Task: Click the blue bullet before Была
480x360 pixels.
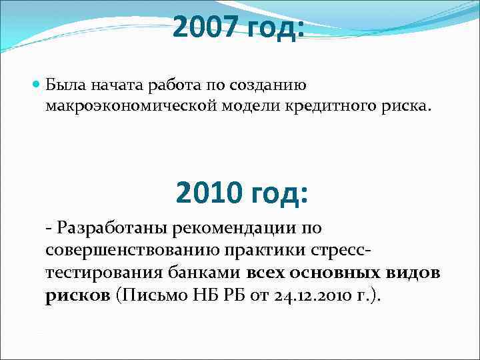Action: click(x=37, y=87)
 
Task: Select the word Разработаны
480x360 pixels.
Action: click(x=113, y=229)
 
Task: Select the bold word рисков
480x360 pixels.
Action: click(x=78, y=295)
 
